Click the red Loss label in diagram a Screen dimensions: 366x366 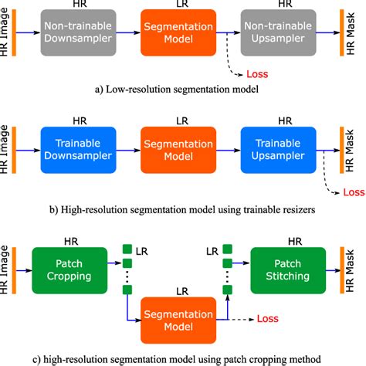[x=256, y=74]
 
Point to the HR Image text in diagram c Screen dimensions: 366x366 [x=6, y=269]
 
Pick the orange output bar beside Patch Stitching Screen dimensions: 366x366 [x=343, y=269]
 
